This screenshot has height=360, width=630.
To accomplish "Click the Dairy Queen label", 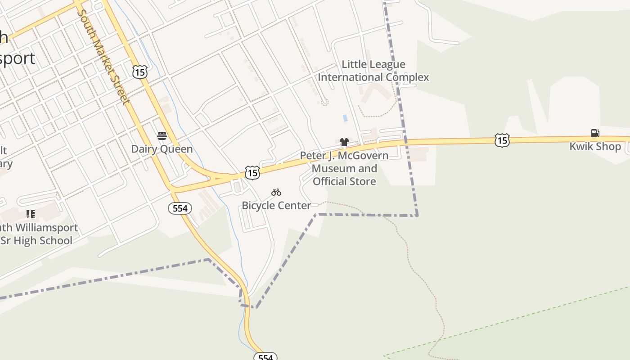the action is tap(162, 149).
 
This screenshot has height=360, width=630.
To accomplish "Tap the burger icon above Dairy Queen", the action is tap(162, 136).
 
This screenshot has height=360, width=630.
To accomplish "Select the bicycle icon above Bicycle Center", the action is tap(276, 193).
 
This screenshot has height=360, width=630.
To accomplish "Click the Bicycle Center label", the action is tap(276, 206).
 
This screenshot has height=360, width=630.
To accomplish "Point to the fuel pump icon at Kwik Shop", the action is tap(595, 133).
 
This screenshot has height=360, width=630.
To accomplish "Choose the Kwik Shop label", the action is tap(595, 146).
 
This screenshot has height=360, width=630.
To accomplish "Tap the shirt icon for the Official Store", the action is tap(344, 143).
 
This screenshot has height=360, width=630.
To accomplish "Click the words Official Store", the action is tap(344, 181).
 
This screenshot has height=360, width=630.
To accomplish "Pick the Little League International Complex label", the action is tap(373, 71).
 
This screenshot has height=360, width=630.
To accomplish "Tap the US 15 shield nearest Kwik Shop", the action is tap(502, 140).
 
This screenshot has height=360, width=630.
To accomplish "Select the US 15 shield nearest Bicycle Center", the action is tap(252, 172).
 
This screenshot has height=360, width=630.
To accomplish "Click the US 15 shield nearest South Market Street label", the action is tap(140, 71).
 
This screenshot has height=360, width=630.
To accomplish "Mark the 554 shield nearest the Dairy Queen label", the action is tap(180, 208).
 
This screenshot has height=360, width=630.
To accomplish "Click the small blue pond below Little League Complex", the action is tap(345, 118).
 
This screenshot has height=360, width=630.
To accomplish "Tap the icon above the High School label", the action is tap(31, 214).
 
